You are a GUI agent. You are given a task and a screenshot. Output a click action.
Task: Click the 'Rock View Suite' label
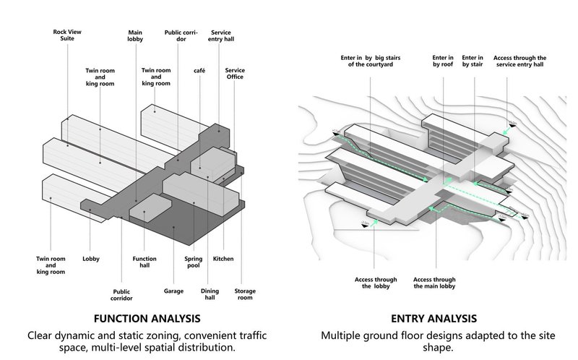69,36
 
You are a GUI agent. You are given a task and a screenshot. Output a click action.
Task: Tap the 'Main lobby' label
135,36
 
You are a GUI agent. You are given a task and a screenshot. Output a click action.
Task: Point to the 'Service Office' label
235,74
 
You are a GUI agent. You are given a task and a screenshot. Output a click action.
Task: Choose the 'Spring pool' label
186,262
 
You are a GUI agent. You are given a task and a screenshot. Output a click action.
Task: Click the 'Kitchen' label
222,258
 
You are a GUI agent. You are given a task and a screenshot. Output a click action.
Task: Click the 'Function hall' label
144,262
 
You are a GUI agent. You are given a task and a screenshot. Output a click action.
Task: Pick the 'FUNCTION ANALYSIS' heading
147,318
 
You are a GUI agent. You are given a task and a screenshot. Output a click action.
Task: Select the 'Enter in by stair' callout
473,60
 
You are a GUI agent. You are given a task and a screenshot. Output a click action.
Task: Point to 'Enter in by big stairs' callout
370,60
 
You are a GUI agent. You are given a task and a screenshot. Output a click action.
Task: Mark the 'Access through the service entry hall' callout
519,60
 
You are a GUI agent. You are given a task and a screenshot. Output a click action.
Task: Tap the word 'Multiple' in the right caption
345,336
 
